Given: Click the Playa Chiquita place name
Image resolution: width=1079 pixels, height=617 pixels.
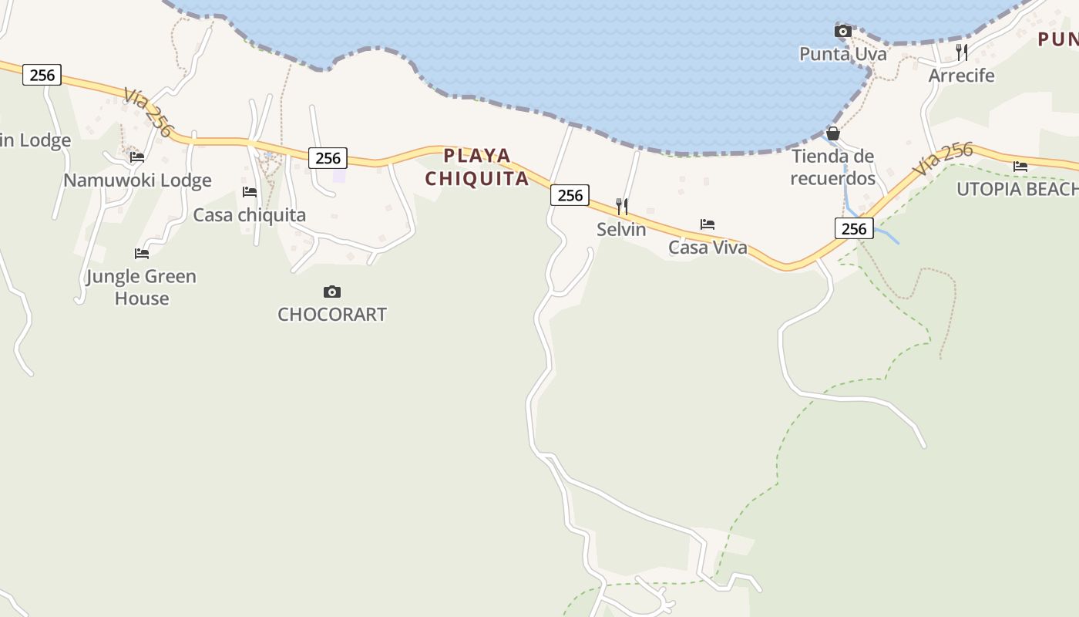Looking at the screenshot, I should pos(477,167).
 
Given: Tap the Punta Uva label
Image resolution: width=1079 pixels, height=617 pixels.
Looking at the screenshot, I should pos(842,54).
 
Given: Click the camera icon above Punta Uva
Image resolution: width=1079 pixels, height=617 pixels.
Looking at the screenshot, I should pos(842,32).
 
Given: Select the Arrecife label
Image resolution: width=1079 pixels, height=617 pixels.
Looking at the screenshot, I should pos(961,76).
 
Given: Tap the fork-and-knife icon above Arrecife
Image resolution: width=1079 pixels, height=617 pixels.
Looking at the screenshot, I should pos(961,52).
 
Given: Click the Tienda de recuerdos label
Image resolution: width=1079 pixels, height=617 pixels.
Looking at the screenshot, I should pos(832,167).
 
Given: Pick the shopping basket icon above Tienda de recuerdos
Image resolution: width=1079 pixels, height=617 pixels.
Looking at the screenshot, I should pos(832,133).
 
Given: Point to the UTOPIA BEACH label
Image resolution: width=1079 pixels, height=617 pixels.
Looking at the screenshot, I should pos(1017,189).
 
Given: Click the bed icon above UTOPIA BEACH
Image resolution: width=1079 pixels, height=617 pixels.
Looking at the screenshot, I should pos(1020,167).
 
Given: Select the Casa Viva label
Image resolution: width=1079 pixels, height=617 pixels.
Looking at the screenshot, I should pos(708,248).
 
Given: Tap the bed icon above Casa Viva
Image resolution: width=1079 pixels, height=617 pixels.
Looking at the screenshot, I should pos(708,224).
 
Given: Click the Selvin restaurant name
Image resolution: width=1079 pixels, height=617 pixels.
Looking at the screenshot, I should pos(621,229).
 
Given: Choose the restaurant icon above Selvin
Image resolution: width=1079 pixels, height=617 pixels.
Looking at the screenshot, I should pos(621,207).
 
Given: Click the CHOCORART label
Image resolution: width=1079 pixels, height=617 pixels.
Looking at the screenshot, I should pos(332,314).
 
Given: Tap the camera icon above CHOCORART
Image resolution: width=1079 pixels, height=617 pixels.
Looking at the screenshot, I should pos(332,292).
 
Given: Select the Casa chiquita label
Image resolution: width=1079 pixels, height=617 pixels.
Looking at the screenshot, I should pos(249,215).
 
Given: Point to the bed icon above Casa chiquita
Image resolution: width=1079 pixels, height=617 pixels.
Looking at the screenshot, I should pos(250,192).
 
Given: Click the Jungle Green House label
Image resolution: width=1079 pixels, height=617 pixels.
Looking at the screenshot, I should pos(141,287).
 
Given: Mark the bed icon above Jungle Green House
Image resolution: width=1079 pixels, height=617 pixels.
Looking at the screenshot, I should pos(142,253).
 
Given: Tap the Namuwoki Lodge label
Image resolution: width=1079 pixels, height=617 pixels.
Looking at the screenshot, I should pos(137,180).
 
